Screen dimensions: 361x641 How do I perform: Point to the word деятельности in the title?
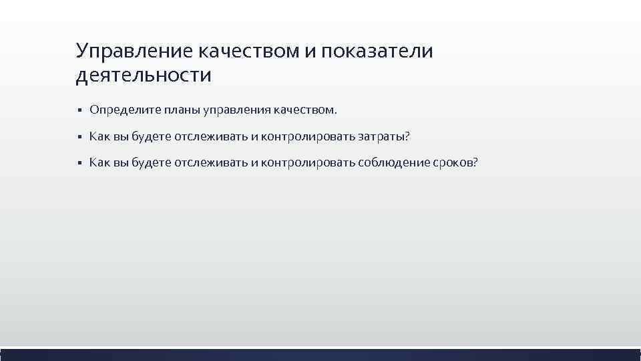pyautogui.click(x=144, y=76)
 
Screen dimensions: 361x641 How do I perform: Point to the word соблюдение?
pyautogui.click(x=390, y=163)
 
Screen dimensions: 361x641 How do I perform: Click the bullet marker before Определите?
pyautogui.click(x=79, y=110)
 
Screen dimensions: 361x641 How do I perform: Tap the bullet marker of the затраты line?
pyautogui.click(x=79, y=137)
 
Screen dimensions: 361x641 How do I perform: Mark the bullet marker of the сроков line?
pyautogui.click(x=79, y=164)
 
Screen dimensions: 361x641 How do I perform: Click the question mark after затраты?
pyautogui.click(x=407, y=136)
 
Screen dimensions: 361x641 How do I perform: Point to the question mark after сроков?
pyautogui.click(x=475, y=163)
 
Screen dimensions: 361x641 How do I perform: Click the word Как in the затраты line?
pyautogui.click(x=99, y=136)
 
